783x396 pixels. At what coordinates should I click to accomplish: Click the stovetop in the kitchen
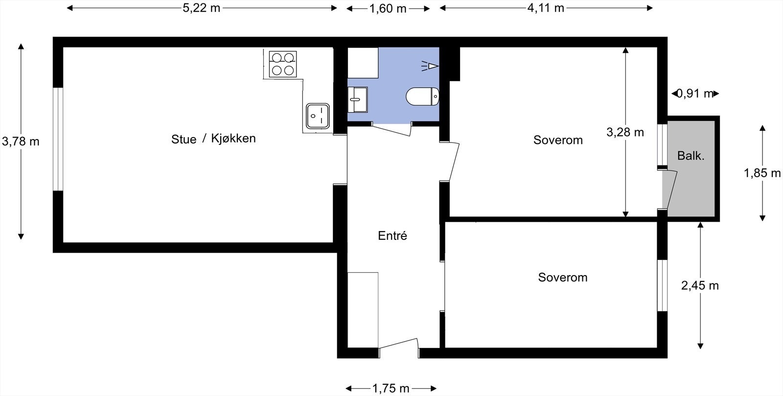[283, 64]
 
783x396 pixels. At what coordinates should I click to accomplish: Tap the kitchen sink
[317, 116]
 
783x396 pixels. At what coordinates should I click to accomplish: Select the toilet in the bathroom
[422, 97]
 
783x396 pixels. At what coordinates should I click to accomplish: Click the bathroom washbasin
[357, 99]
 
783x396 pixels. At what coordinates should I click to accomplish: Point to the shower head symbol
[431, 66]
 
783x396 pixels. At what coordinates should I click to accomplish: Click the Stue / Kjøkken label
[213, 139]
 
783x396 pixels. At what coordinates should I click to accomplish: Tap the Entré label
[392, 236]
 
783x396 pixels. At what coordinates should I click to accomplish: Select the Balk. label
[691, 156]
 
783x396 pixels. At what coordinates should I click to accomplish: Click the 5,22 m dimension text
[201, 8]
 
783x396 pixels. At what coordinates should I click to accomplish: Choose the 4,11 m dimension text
[546, 8]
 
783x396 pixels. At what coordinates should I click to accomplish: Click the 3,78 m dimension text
[21, 141]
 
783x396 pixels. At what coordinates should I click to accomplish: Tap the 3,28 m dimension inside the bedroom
[625, 132]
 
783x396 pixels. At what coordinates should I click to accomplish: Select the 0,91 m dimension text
[695, 93]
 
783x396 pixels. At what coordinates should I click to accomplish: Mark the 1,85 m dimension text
[762, 173]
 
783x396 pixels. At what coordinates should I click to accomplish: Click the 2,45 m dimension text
[700, 285]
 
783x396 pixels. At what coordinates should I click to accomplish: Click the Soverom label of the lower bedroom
[562, 278]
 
